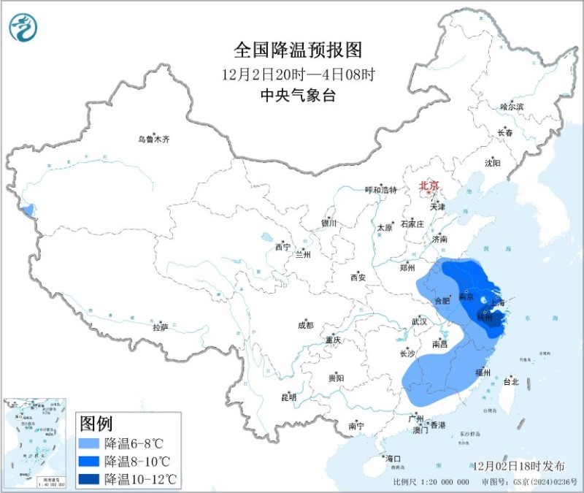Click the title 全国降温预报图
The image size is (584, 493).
(x=298, y=50)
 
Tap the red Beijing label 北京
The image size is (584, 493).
(x=429, y=187)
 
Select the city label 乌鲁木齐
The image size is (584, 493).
(x=153, y=140)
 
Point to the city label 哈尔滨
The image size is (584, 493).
(x=512, y=107)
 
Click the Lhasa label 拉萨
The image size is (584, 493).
(x=161, y=328)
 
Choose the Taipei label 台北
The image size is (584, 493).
(x=511, y=381)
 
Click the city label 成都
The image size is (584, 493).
(x=305, y=326)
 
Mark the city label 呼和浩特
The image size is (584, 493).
(x=380, y=190)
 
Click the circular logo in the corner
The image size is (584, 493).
(x=23, y=27)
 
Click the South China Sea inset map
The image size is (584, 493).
(x=36, y=441)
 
